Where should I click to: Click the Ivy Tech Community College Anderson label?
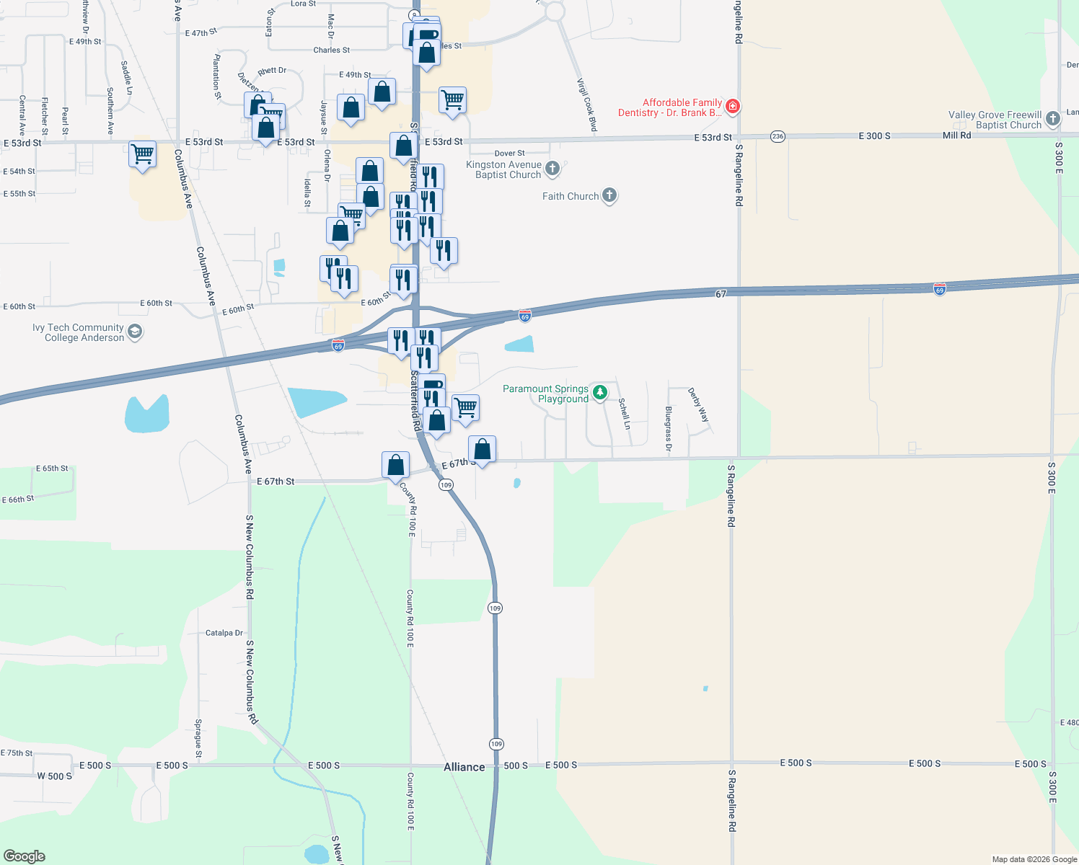[78, 332]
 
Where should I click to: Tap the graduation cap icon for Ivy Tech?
[135, 332]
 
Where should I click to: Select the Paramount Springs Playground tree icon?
[600, 393]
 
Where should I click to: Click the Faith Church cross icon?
[609, 195]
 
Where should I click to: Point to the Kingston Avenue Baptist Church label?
[503, 169]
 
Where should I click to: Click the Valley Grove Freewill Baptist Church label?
[995, 120]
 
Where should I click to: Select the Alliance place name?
[464, 767]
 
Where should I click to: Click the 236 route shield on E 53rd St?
[778, 136]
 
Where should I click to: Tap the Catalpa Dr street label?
[224, 633]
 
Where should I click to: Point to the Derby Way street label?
[698, 405]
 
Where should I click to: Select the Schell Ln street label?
[625, 413]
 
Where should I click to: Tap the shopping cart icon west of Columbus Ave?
[143, 154]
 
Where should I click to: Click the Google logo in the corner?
[25, 856]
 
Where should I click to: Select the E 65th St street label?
[52, 469]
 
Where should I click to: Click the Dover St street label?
[509, 153]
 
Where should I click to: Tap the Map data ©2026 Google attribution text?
[1034, 859]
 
